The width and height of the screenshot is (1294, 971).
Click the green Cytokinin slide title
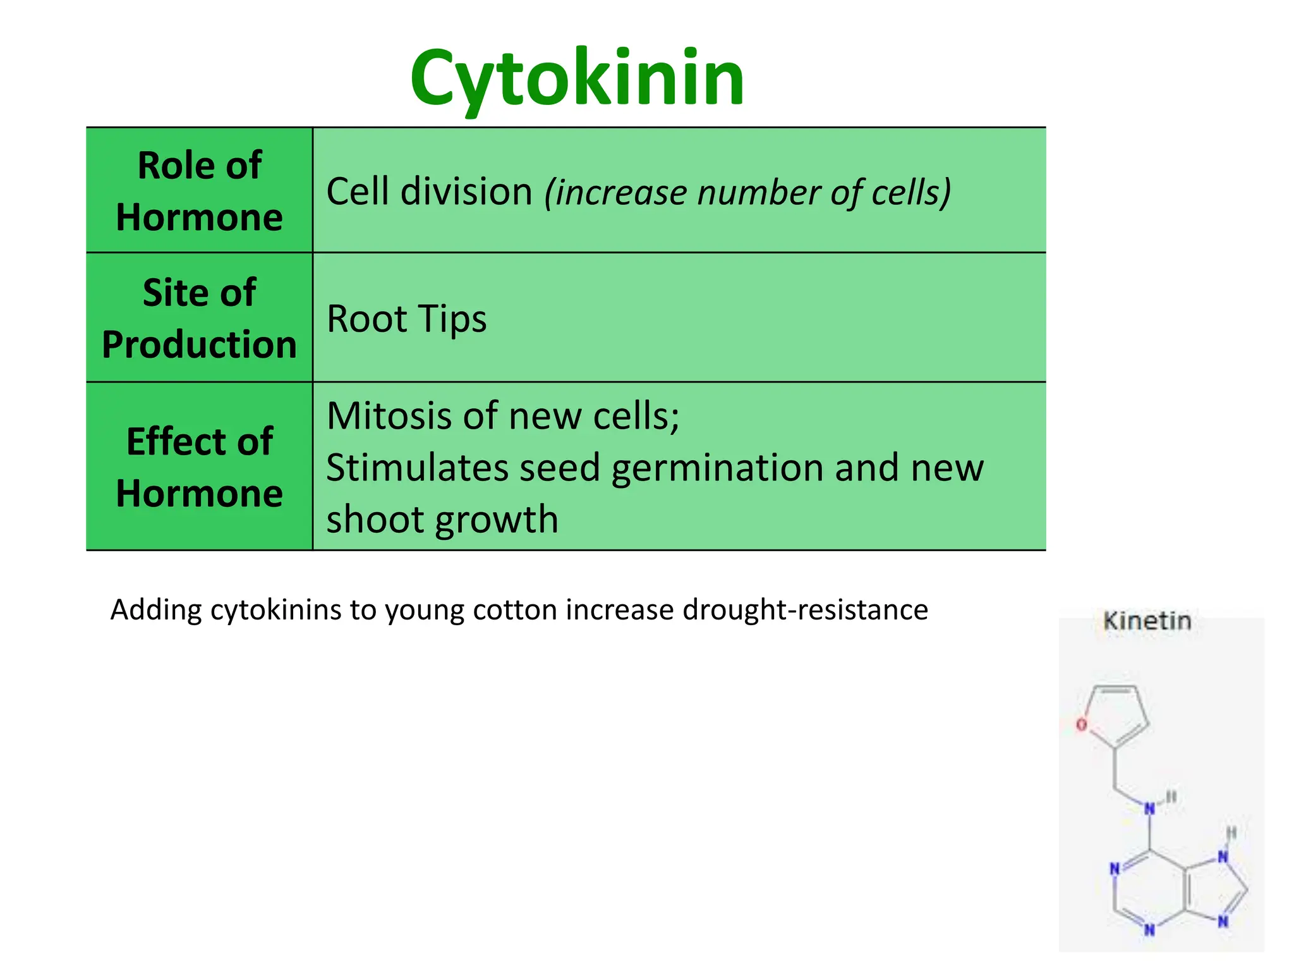click(577, 78)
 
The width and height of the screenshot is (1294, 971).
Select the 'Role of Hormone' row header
click(199, 191)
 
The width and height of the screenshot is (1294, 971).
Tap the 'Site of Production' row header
click(199, 318)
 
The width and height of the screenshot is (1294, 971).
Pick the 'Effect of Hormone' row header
click(199, 467)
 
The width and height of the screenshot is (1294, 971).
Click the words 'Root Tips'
click(406, 319)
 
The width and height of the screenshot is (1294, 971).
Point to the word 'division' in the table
click(466, 192)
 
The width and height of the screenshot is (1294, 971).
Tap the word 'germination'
click(717, 468)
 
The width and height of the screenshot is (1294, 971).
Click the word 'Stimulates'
click(418, 468)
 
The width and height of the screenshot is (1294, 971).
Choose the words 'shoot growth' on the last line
click(442, 520)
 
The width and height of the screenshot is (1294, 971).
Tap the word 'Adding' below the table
click(156, 610)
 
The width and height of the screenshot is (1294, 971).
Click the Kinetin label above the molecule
click(1147, 621)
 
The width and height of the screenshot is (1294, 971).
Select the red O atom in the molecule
click(1082, 724)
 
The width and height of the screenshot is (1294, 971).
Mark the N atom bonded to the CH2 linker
click(1149, 808)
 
